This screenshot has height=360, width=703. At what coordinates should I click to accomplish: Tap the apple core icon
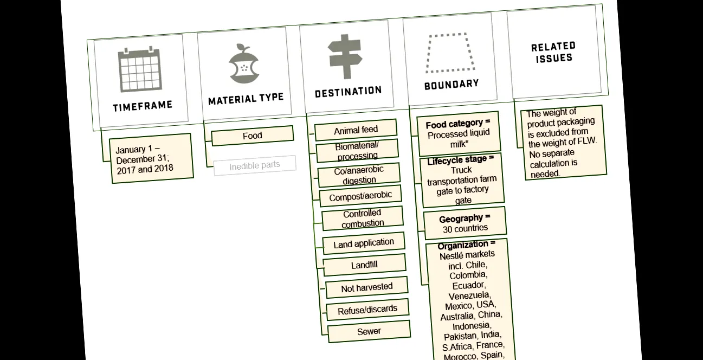coord(244,64)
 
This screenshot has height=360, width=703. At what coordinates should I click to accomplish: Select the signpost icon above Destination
coord(345,56)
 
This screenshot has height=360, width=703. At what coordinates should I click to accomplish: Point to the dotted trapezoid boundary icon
coord(450,53)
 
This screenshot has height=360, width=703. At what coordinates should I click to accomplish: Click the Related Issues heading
coord(553,52)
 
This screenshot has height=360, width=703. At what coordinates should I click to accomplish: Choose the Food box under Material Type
coord(253,136)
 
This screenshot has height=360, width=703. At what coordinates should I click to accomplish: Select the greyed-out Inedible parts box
coord(255,165)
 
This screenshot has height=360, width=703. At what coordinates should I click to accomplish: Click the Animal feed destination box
coord(356,130)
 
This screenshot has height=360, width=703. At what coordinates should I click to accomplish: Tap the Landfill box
coord(364,265)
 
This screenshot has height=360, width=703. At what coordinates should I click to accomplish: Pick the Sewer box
coord(369,331)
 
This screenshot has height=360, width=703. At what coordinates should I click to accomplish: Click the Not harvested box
coord(367,287)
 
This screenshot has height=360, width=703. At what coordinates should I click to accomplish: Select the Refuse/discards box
coord(367,310)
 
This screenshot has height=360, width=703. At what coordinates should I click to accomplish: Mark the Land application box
coord(364,243)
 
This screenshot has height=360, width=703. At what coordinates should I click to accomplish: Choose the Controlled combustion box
coord(363,218)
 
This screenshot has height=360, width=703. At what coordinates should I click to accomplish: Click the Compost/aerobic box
coord(360,196)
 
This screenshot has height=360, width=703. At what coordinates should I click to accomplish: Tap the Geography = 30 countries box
coord(465,223)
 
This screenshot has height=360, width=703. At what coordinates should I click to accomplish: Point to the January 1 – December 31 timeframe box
coord(151,158)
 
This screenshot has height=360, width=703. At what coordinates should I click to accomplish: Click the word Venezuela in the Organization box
coord(469,295)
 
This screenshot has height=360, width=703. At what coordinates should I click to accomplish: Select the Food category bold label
coord(458,124)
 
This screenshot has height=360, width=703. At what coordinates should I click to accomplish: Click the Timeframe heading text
coord(143,106)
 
